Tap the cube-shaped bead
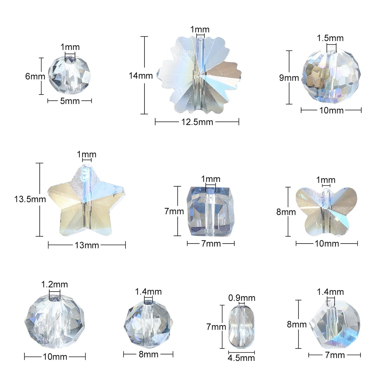[211, 212]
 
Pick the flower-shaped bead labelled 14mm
[199, 75]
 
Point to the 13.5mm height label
[30, 199]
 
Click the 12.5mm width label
[197, 122]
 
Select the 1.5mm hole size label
[330, 38]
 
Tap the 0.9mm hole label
[242, 298]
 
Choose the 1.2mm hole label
[54, 284]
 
